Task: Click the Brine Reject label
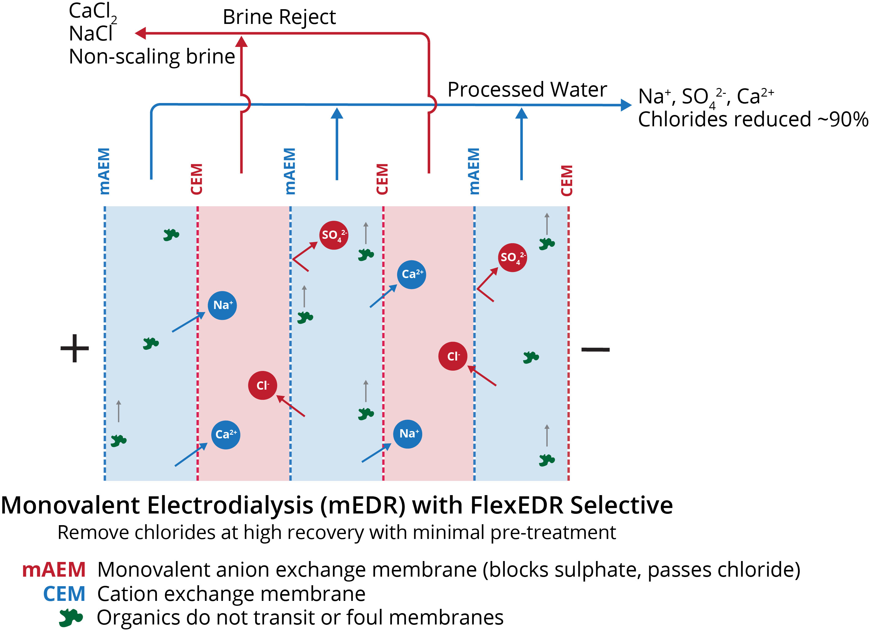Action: pos(279,17)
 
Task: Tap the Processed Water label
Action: pos(527,90)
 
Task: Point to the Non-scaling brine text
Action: pos(152,57)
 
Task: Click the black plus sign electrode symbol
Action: pos(75,348)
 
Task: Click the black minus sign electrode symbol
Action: pos(595,349)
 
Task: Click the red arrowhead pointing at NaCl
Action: pos(141,33)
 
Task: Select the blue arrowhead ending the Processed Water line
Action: pos(626,105)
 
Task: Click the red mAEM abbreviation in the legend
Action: pos(54,570)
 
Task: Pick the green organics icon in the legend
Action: pos(71,618)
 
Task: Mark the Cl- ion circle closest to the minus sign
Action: pos(453,356)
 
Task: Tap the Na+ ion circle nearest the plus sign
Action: pos(222,305)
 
